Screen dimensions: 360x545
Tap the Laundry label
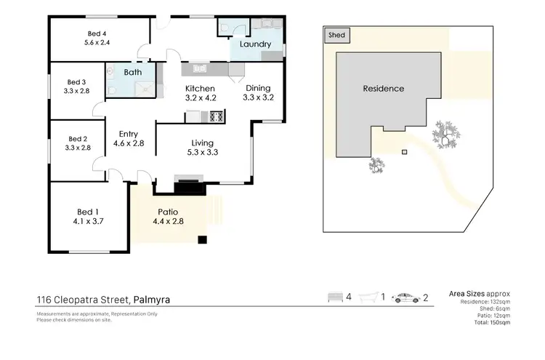(255, 44)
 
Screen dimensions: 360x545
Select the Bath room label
(132, 73)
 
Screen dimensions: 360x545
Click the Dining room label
(257, 88)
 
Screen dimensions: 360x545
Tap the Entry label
(129, 134)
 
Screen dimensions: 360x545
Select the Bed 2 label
(77, 138)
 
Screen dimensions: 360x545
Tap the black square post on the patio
(203, 240)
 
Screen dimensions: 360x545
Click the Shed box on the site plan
(337, 34)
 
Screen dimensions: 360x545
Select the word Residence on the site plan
(384, 89)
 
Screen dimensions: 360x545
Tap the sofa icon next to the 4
(335, 298)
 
